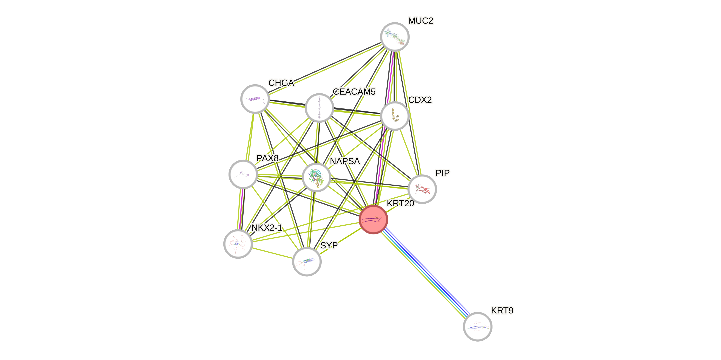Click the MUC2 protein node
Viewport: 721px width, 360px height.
395,37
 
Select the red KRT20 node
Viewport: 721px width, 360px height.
373,219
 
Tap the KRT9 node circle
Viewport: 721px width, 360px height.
477,327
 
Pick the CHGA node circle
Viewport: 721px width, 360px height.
255,99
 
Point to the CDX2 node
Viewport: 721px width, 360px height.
395,116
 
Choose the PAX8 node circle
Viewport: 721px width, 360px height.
243,174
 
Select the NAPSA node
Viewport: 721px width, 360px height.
317,177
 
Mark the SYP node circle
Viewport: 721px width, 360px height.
307,262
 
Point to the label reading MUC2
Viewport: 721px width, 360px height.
421,21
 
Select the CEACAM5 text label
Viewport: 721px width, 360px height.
354,92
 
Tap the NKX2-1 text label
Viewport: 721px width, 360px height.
267,228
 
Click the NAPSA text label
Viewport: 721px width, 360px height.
345,161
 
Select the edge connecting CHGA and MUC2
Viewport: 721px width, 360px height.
325,67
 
